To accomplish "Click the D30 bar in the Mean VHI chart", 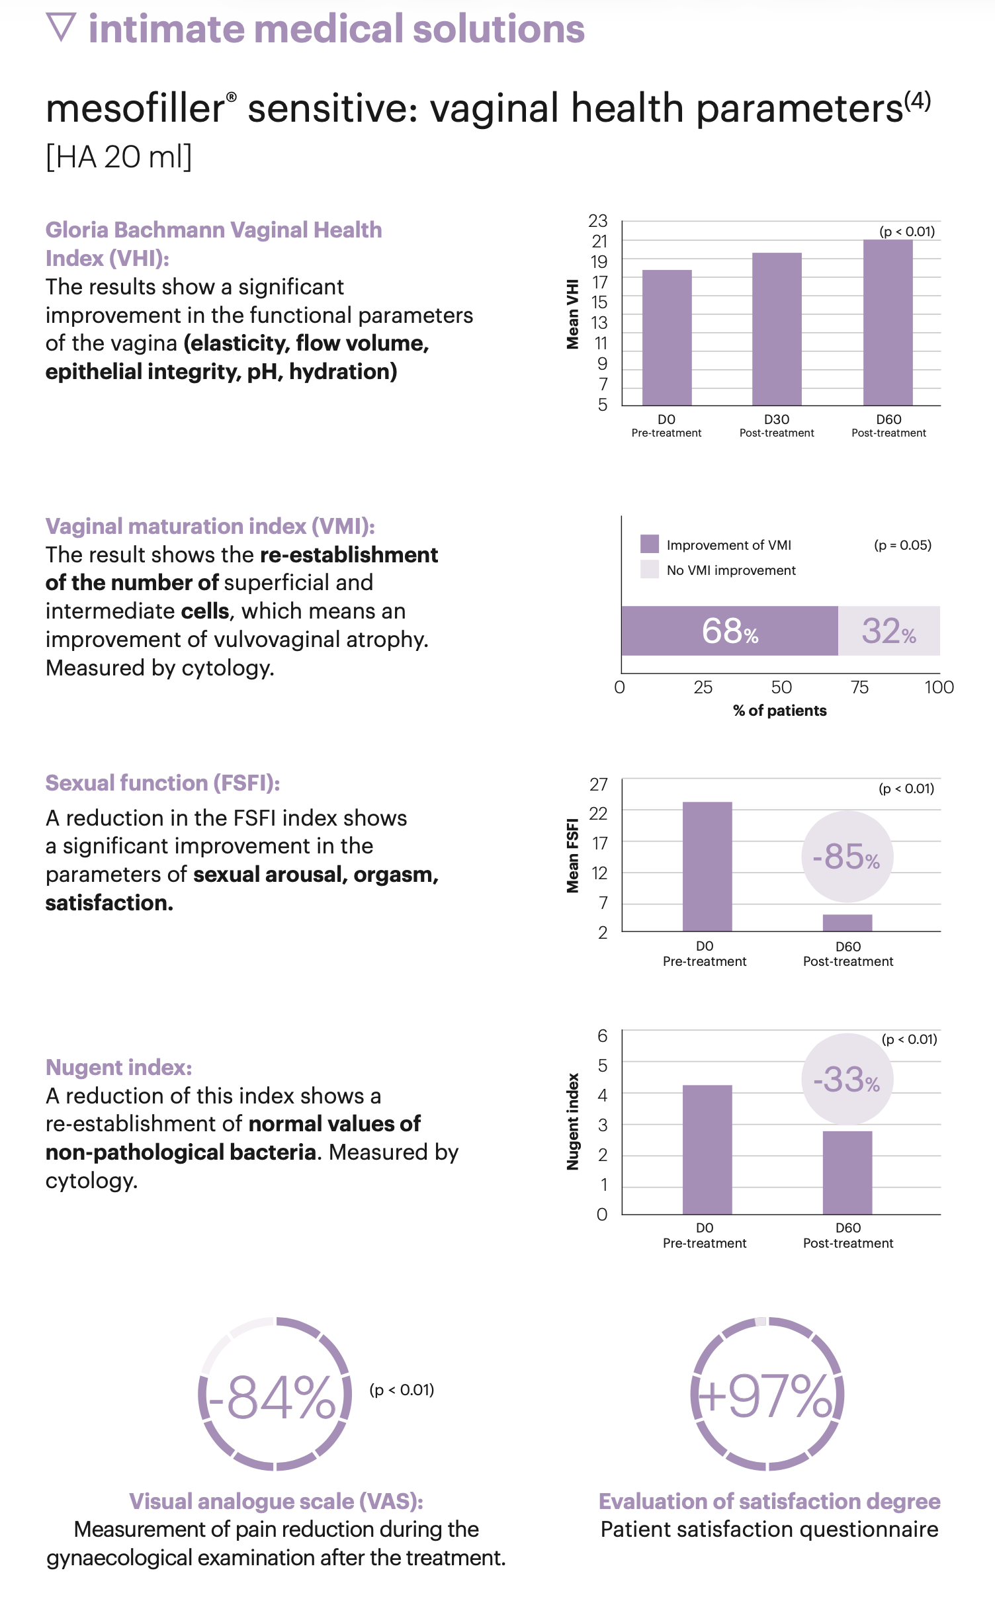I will coord(777,329).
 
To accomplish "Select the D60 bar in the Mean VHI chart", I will coord(888,322).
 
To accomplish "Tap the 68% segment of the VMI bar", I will coord(729,630).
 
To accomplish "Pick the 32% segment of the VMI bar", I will coord(888,630).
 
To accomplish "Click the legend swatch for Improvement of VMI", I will coord(650,544).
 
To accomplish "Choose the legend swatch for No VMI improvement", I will coord(650,569).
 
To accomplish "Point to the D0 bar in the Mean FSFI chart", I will coord(707,866).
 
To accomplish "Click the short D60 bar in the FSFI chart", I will coord(847,923).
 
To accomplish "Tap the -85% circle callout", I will coord(847,857).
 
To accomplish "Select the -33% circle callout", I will coord(847,1079).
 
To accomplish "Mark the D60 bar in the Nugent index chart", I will coord(847,1172).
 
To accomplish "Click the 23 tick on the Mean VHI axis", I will coord(598,221).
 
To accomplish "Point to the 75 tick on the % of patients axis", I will coord(859,687).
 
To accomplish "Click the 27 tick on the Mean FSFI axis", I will coord(599,785).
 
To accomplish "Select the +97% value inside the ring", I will coord(767,1396).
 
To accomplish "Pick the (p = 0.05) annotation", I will coord(902,545).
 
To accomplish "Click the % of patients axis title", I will coord(779,711).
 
